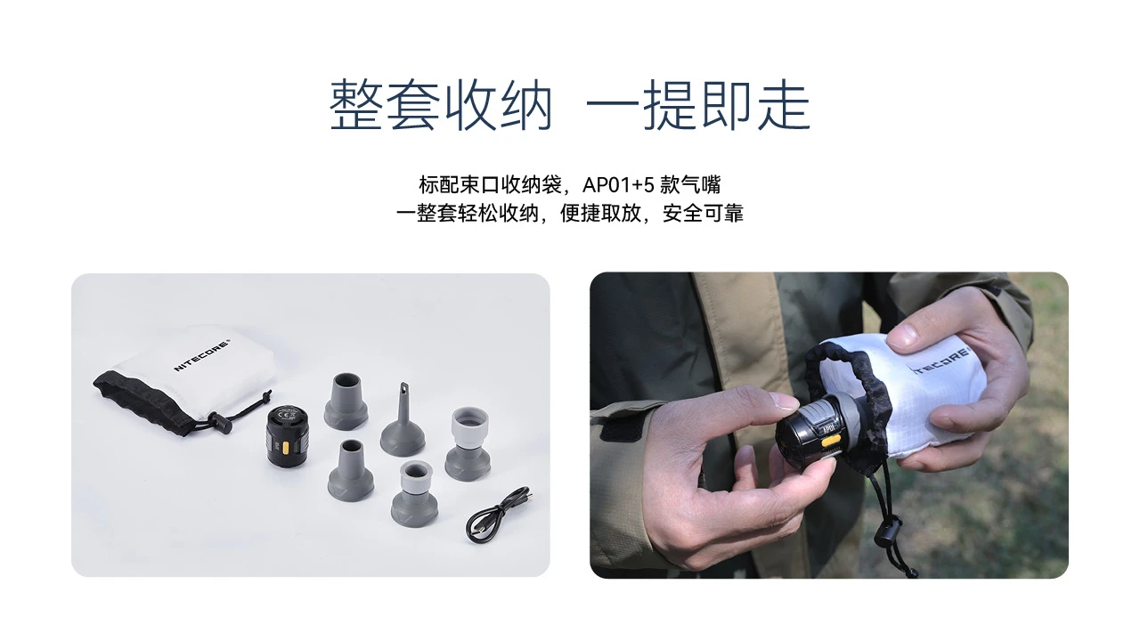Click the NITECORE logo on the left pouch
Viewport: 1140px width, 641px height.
click(x=202, y=354)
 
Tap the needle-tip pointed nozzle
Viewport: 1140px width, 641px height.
click(x=402, y=419)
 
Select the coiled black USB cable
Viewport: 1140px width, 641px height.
click(x=500, y=515)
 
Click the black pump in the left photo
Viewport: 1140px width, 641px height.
click(x=288, y=435)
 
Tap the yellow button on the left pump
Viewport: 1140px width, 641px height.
click(x=286, y=448)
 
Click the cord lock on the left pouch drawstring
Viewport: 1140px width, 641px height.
click(x=219, y=422)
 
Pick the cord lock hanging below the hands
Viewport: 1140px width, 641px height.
click(x=888, y=535)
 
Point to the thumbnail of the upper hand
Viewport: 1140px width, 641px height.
click(x=904, y=334)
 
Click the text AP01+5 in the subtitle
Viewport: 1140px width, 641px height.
click(x=618, y=184)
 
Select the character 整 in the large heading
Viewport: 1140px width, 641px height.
click(x=355, y=105)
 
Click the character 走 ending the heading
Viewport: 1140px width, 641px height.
click(x=784, y=105)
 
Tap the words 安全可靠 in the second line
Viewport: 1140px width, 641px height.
click(x=703, y=213)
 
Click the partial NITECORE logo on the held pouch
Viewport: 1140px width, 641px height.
click(x=941, y=361)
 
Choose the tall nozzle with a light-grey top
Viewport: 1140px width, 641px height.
click(x=468, y=443)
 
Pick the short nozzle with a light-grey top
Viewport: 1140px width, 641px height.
click(x=414, y=493)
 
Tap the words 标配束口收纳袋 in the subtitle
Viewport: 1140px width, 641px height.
click(x=490, y=184)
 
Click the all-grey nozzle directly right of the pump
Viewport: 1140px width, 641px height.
click(x=346, y=402)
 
